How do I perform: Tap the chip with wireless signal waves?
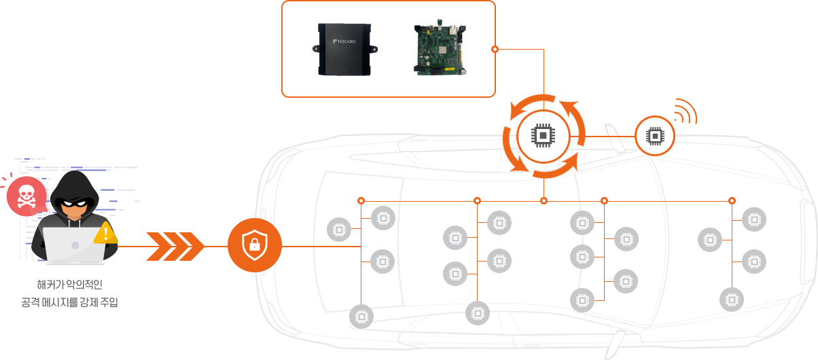[654, 136]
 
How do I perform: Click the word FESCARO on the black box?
[346, 42]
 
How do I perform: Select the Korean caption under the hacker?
[69, 293]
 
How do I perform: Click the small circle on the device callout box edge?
[495, 50]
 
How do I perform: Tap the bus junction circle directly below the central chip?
[544, 201]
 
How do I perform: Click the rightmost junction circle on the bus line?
[732, 201]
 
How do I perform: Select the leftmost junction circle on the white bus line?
[478, 201]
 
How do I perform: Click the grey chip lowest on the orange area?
[361, 317]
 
